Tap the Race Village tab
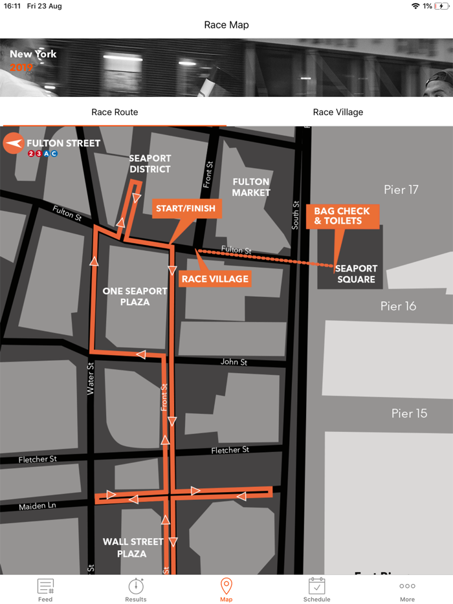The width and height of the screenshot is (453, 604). point(338,112)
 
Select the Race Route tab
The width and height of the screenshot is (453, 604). point(115,112)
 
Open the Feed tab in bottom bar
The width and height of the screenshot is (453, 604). point(45,590)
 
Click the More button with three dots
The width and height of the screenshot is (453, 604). point(407,590)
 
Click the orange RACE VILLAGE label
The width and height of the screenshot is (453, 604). point(215,279)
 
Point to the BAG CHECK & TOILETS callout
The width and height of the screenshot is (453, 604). point(342,216)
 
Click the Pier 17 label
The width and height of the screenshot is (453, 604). point(401,189)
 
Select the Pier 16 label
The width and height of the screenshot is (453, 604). point(398,306)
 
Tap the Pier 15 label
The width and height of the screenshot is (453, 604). point(409,413)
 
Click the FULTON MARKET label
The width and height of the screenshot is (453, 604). point(251,187)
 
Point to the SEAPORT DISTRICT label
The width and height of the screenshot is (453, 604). point(150,164)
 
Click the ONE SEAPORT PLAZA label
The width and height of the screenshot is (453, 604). point(135,296)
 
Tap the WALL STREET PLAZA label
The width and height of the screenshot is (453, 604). point(133,547)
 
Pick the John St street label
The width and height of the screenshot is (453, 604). point(234,362)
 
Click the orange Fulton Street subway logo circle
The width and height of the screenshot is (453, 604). point(13,144)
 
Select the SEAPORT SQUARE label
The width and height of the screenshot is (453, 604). point(356,274)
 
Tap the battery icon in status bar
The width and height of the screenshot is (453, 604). point(442,6)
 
